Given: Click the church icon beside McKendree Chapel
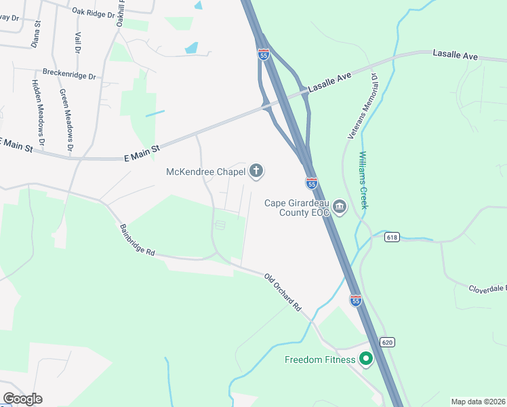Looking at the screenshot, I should [256, 171].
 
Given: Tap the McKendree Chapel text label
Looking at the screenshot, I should [205, 172].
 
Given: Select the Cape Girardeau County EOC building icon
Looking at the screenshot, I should [340, 207].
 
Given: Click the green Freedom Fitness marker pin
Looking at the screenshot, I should [366, 359].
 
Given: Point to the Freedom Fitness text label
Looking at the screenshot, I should [319, 360].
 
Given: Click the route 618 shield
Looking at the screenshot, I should [391, 237].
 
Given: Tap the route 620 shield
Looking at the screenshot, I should [387, 342].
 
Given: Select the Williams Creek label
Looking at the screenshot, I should [363, 180].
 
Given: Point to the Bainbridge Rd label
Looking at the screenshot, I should [138, 240].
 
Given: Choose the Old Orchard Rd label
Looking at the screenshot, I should [283, 292].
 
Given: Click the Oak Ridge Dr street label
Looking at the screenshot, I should [95, 12].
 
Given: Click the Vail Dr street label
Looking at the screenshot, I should [78, 42].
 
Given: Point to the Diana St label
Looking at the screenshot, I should [37, 33].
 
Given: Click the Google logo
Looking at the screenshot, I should [22, 399].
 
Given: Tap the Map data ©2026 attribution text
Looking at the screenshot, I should [478, 402].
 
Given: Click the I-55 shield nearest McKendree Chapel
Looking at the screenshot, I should [312, 183].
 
